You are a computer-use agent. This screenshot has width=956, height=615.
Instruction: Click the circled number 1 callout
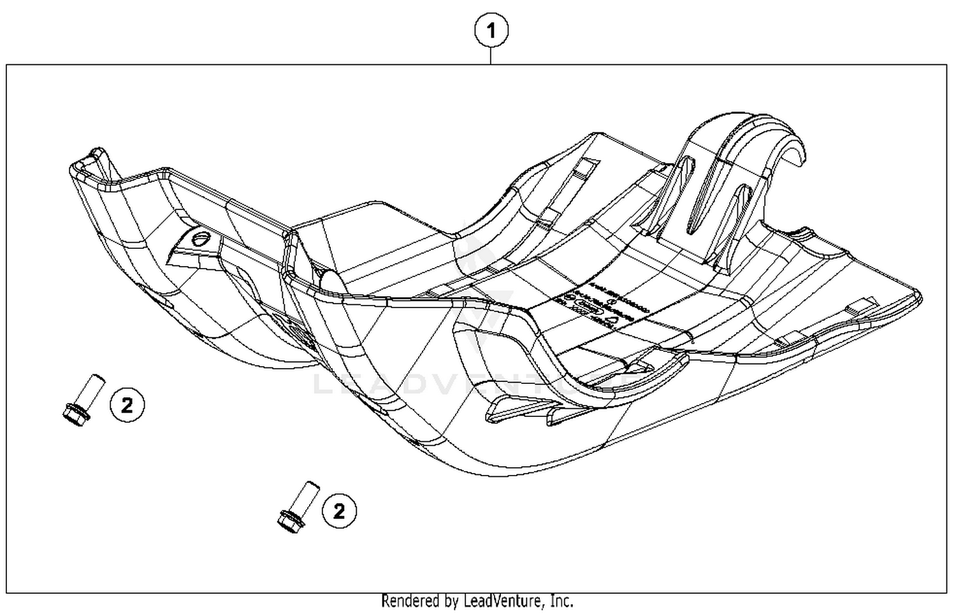[491, 31]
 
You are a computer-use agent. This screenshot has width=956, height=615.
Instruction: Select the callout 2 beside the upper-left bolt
[127, 404]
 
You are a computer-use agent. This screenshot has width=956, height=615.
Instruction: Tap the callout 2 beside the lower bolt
[339, 511]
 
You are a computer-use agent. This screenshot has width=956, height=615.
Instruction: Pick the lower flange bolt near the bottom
[295, 505]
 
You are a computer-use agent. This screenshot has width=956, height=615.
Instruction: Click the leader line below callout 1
[491, 56]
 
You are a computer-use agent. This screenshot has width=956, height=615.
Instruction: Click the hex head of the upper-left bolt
[76, 414]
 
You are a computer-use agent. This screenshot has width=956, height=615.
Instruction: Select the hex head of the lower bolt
[289, 521]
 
